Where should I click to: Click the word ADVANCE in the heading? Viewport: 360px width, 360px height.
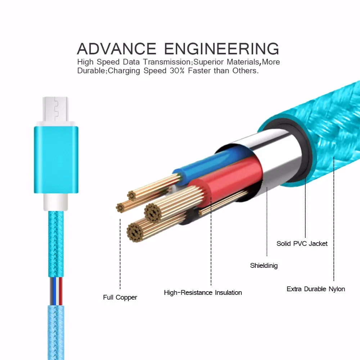pos(117,49)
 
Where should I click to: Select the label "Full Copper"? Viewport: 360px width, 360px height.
pos(120,297)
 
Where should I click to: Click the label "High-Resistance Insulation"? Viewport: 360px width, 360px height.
pos(203,292)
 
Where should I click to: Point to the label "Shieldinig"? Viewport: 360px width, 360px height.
pos(264,266)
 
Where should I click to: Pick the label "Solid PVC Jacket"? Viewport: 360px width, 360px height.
pos(302,243)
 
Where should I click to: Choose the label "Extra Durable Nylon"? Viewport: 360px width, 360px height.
pos(316,289)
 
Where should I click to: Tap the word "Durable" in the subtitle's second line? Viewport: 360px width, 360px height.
pos(90,71)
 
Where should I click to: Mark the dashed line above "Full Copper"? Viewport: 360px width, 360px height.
pos(120,252)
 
